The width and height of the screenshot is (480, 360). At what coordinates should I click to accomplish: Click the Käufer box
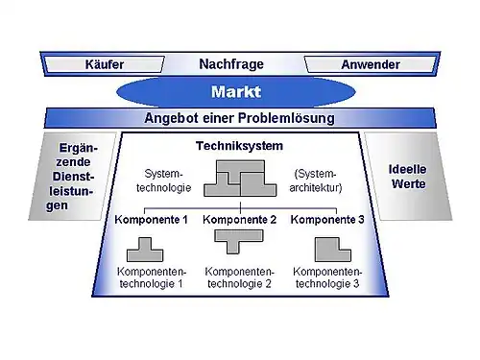pyautogui.click(x=105, y=64)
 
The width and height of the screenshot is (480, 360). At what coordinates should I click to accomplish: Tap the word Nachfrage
pyautogui.click(x=231, y=64)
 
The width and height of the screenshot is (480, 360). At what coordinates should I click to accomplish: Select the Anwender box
pyautogui.click(x=371, y=64)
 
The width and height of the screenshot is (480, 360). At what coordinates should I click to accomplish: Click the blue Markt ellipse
pyautogui.click(x=236, y=92)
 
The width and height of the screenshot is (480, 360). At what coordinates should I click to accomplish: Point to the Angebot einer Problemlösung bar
pyautogui.click(x=240, y=118)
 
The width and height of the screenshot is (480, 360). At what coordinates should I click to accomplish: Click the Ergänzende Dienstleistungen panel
pyautogui.click(x=73, y=177)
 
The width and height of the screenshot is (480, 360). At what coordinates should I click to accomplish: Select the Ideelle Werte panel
pyautogui.click(x=408, y=177)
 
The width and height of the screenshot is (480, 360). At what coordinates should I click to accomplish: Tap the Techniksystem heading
pyautogui.click(x=239, y=146)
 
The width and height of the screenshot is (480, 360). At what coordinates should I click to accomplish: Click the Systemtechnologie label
pyautogui.click(x=163, y=180)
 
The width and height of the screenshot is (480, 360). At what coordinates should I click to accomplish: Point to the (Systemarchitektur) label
pyautogui.click(x=316, y=180)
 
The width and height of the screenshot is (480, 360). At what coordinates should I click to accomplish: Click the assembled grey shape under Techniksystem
pyautogui.click(x=240, y=179)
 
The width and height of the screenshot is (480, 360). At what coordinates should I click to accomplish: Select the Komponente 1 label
pyautogui.click(x=151, y=220)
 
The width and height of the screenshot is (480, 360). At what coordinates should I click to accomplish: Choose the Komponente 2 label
pyautogui.click(x=239, y=220)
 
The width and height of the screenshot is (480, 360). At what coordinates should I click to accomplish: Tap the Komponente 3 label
pyautogui.click(x=327, y=220)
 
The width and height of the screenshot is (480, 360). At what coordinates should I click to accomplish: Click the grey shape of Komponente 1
pyautogui.click(x=145, y=250)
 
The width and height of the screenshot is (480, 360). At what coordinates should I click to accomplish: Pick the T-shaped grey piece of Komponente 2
pyautogui.click(x=239, y=241)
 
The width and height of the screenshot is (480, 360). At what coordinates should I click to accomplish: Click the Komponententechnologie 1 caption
pyautogui.click(x=152, y=277)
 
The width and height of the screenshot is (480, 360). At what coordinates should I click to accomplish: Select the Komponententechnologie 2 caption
pyautogui.click(x=239, y=277)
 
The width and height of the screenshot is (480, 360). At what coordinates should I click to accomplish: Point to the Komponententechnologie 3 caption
pyautogui.click(x=327, y=277)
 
